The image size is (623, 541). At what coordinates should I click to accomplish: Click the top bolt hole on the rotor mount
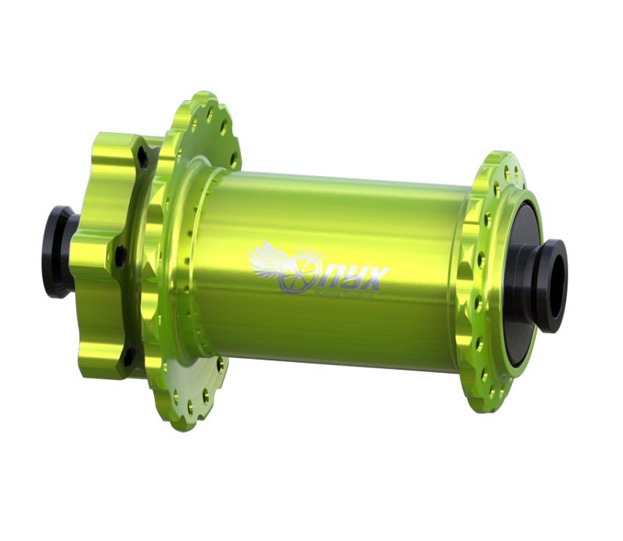pos(143,159)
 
